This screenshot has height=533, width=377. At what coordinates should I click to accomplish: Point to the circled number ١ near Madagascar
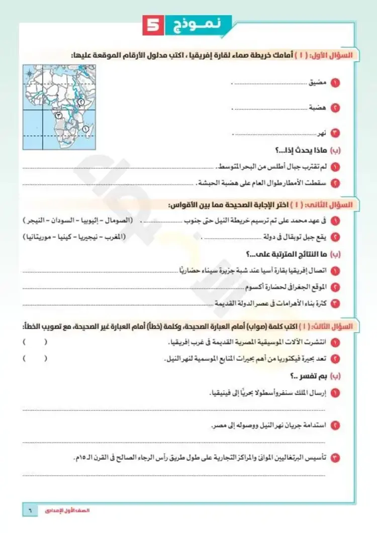tap(85, 129)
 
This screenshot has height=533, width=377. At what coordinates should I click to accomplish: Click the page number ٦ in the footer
tap(30, 510)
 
